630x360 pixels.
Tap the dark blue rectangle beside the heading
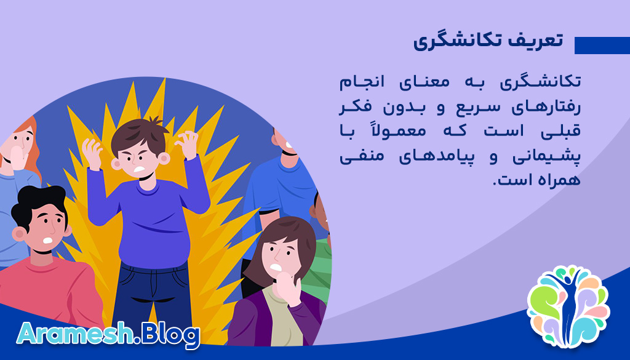point(601,46)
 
